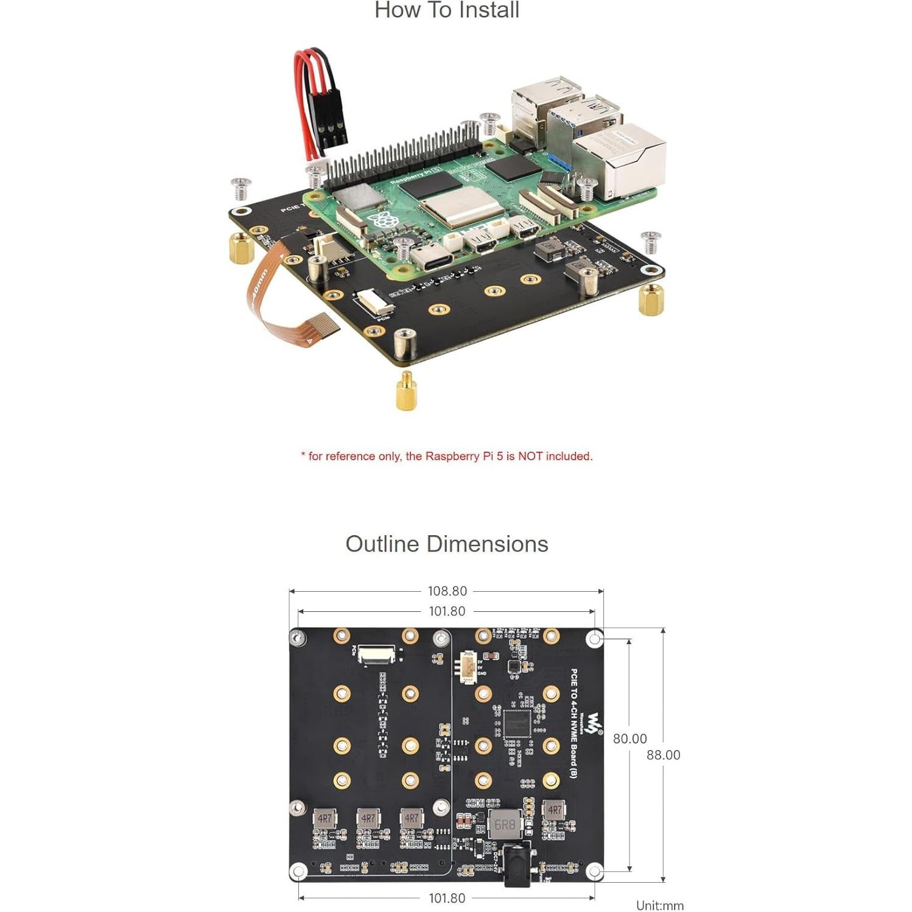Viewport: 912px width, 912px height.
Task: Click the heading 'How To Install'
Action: (x=446, y=10)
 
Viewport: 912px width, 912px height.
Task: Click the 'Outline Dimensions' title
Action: (x=446, y=544)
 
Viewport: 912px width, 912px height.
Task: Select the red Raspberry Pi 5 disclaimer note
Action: (x=446, y=456)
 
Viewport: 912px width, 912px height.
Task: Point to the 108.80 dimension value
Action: (x=447, y=591)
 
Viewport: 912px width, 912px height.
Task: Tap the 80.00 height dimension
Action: (x=630, y=738)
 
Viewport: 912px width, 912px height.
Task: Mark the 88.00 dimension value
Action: (x=663, y=755)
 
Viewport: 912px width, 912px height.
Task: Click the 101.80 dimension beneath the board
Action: (x=447, y=898)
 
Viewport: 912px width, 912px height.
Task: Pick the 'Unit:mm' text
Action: (x=659, y=905)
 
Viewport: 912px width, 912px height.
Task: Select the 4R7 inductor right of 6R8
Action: (x=554, y=811)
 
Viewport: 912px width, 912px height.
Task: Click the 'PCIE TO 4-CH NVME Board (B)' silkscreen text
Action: (x=574, y=723)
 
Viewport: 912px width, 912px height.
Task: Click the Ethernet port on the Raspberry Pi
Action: (x=618, y=161)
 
